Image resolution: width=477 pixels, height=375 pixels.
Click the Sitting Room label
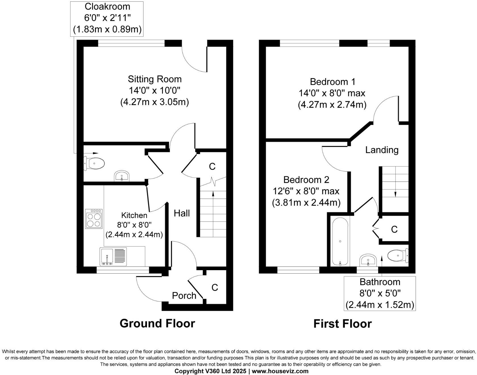[155, 79]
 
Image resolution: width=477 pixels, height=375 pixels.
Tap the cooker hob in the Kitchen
[94, 219]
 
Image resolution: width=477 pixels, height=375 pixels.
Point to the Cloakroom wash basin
[122, 176]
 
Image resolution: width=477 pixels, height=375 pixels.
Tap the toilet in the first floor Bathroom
[398, 255]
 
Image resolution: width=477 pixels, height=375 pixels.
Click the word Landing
[382, 150]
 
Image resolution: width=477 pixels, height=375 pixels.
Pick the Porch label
[184, 295]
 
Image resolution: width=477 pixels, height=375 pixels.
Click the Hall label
[182, 213]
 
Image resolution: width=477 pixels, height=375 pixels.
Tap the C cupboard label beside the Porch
[215, 287]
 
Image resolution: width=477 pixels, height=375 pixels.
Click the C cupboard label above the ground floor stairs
[212, 166]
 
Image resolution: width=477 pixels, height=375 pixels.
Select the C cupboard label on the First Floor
[394, 229]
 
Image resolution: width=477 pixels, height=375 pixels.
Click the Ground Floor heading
[157, 323]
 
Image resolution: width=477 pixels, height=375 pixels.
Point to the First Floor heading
[343, 324]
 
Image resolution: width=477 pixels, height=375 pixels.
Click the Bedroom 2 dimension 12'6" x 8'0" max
[306, 191]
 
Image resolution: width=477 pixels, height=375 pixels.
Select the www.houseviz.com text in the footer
[280, 371]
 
